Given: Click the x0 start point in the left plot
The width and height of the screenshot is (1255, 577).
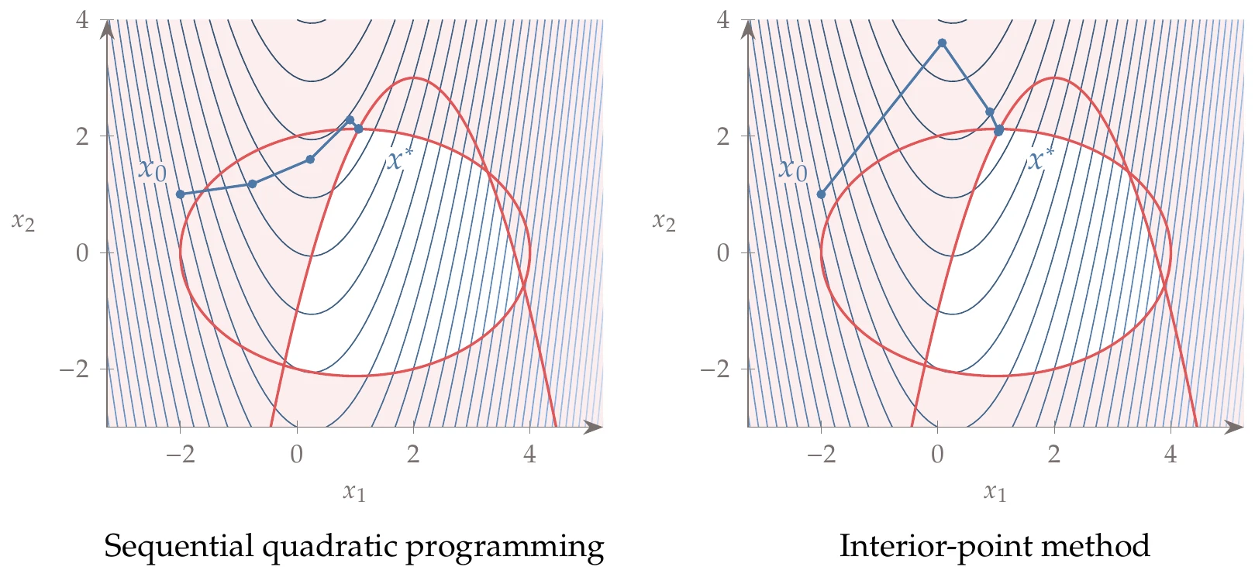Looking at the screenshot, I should point(181,194).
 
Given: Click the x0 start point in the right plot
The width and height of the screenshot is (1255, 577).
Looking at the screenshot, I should point(822,194).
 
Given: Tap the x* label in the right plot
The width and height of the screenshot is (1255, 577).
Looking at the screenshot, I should point(1040,160).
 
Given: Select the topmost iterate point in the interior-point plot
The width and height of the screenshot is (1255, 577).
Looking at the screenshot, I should point(942,43).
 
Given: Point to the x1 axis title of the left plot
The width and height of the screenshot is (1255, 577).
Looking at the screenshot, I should point(354,491).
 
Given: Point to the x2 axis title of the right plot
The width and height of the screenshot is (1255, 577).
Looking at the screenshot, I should point(664,222).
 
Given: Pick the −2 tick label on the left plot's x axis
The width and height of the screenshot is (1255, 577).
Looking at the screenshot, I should point(180,455).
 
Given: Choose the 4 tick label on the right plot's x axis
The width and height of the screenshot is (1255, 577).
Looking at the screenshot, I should point(1171,455).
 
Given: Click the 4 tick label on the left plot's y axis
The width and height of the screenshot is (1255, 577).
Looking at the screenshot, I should point(82,20).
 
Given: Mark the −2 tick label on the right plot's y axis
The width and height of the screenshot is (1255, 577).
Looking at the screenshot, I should point(716,369).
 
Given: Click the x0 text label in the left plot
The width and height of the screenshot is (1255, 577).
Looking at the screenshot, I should point(153,169).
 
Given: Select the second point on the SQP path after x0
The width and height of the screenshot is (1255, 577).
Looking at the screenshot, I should point(310,160).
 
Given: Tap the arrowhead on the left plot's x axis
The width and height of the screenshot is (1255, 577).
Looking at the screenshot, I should point(594,427).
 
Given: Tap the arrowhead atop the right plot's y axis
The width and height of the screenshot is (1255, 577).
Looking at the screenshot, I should point(748,29).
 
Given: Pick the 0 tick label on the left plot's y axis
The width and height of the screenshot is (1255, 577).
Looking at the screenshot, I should point(82,252).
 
